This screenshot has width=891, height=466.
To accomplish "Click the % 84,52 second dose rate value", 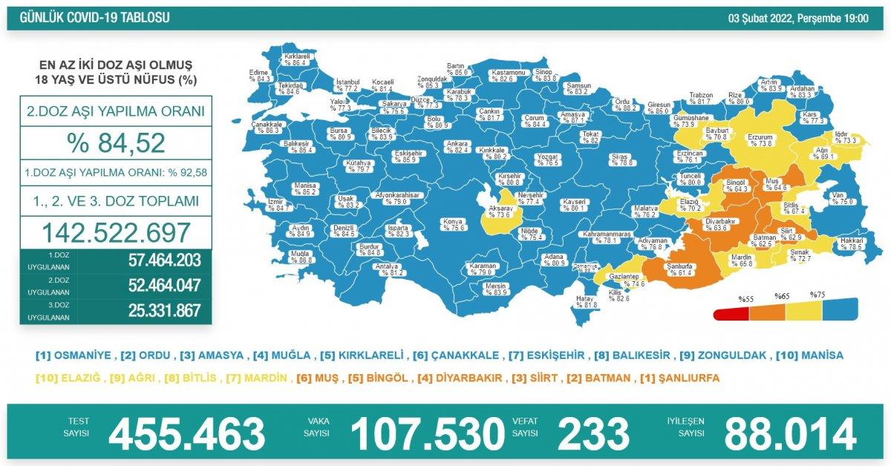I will click(117, 142).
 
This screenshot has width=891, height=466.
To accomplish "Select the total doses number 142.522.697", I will click(116, 233).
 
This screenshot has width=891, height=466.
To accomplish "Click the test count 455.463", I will click(186, 434).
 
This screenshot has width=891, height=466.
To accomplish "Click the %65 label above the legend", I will click(781, 296).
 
